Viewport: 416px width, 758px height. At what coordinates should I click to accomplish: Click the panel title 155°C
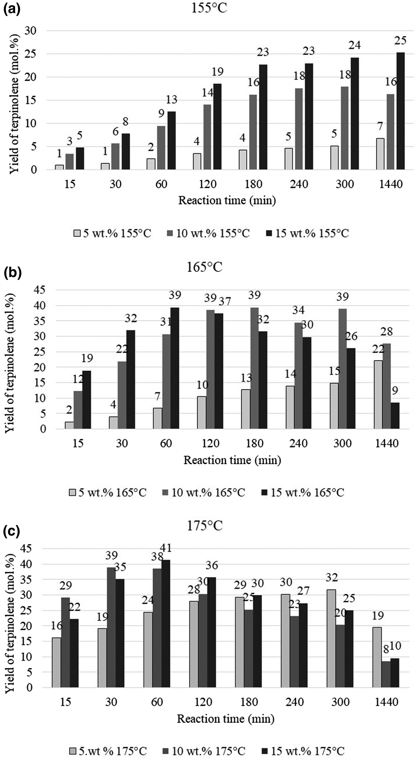coord(209,8)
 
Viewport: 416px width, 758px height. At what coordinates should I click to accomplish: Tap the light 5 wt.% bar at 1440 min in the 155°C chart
coord(380,154)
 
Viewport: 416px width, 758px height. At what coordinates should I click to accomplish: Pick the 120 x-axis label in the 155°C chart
coord(207,184)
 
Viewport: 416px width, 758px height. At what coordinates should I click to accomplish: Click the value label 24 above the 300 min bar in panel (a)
coord(354,45)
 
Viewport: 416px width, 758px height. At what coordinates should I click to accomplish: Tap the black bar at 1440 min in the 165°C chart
coord(395,416)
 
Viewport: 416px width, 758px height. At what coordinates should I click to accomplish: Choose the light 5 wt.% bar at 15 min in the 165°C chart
coord(69,425)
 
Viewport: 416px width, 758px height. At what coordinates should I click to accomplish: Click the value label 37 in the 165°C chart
coord(225,302)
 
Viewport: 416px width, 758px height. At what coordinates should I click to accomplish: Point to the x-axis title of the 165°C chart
coord(232,460)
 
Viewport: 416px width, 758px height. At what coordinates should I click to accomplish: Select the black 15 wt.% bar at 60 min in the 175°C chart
coord(166,624)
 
